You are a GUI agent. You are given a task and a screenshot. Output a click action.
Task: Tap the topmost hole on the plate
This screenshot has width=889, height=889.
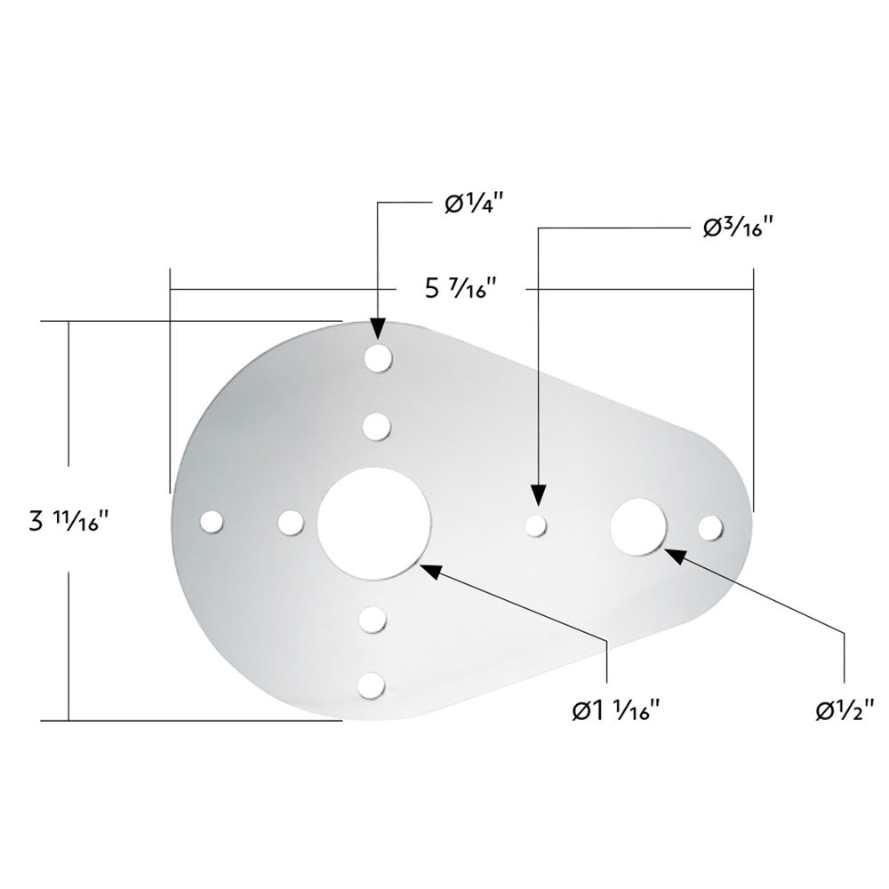tap(378, 358)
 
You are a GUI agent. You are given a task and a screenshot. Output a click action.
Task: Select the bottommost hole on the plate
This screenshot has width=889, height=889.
tap(374, 685)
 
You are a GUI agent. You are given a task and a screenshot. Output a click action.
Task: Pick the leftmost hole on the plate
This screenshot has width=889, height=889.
tap(212, 523)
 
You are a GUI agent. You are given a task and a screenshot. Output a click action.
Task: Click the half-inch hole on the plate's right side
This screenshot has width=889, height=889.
tap(638, 525)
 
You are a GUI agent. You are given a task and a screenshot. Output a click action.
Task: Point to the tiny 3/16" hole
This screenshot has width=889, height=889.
tap(535, 526)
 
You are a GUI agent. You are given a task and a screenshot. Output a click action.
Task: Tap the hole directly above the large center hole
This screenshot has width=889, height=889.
tap(377, 427)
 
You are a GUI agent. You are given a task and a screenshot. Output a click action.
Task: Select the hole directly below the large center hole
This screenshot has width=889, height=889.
tap(374, 619)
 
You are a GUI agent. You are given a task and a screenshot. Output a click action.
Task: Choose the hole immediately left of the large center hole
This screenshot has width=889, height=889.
tap(289, 523)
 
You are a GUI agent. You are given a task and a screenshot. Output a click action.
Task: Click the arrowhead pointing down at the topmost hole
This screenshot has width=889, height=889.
tap(378, 330)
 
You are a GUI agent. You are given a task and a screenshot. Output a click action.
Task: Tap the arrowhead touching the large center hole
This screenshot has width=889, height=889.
tap(429, 570)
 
